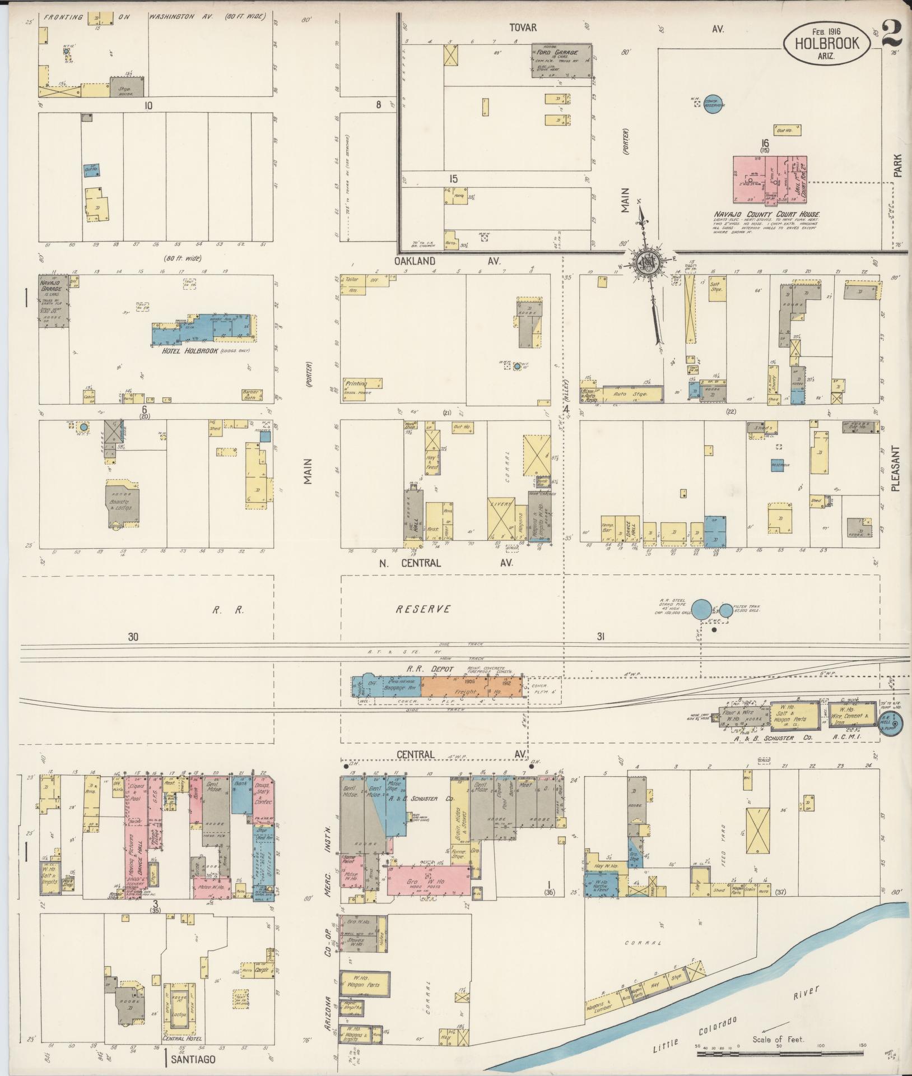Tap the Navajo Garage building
point(54,300)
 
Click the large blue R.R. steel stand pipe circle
point(702,609)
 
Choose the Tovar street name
point(523,27)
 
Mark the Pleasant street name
point(895,469)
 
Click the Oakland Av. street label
point(446,261)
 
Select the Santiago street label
point(193,1060)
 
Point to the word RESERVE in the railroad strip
point(423,609)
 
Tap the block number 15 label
point(453,179)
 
